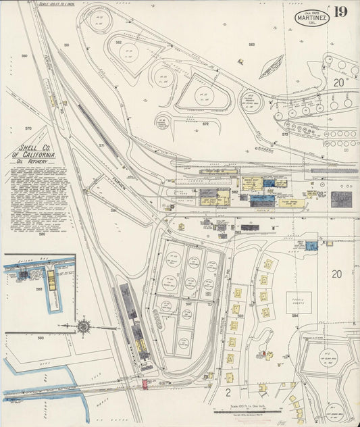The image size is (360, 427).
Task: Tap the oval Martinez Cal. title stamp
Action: tap(312, 18)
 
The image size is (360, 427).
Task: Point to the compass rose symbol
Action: tap(84, 326)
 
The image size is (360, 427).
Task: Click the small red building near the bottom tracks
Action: tap(145, 384)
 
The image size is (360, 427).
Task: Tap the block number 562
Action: tap(118, 43)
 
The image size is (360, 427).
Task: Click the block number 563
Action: tap(251, 45)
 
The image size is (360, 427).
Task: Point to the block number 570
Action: tap(28, 128)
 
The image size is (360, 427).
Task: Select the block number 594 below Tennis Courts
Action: tap(295, 316)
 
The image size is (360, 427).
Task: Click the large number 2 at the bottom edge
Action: tap(228, 391)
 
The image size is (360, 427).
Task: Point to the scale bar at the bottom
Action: tap(252, 409)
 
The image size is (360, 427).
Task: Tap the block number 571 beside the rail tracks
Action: tap(101, 146)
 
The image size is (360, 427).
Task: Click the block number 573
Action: tap(285, 134)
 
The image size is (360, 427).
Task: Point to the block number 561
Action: tap(66, 45)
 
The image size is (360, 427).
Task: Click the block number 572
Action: tap(205, 124)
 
